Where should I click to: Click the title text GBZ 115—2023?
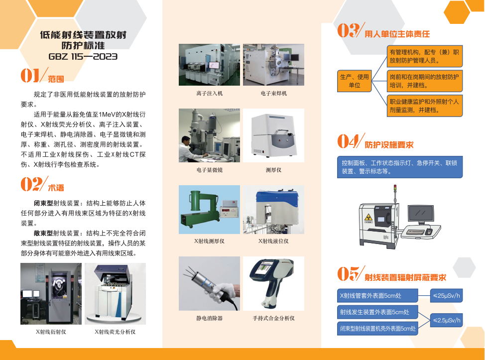(x=83, y=57)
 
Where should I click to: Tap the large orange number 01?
(x=30, y=76)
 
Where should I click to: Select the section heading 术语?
(x=56, y=188)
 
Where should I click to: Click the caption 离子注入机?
(x=210, y=94)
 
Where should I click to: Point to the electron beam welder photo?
(x=273, y=65)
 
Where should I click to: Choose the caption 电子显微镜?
(x=210, y=170)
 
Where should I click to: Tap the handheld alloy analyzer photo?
(x=273, y=283)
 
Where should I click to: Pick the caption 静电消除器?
(x=210, y=318)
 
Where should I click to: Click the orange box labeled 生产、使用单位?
(x=354, y=81)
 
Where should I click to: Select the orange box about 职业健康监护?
(x=424, y=106)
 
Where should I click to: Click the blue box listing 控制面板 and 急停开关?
(x=400, y=167)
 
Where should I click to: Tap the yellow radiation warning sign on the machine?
(x=368, y=217)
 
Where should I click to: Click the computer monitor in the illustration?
(x=421, y=215)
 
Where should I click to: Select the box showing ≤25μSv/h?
(x=446, y=296)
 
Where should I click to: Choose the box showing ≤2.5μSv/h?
(x=446, y=320)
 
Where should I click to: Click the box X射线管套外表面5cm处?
(x=377, y=296)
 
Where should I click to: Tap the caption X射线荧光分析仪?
(x=115, y=332)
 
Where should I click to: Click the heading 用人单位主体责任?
(x=397, y=34)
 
